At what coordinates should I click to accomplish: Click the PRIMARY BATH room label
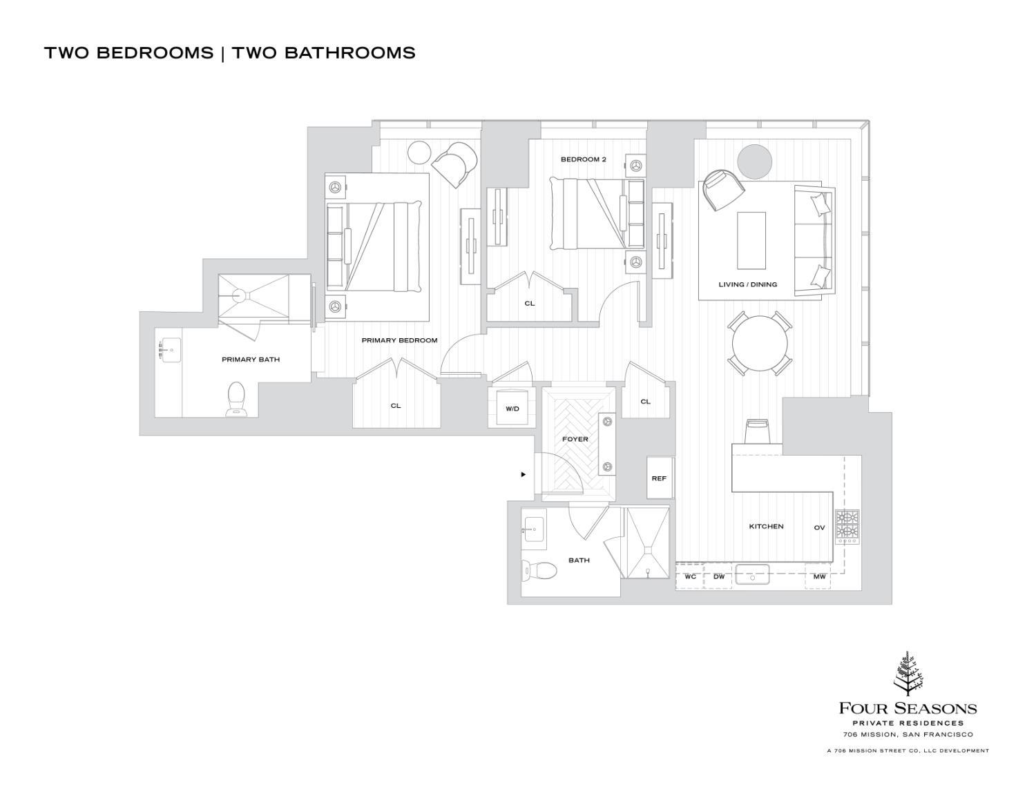coord(250,360)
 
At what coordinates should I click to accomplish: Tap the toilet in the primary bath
coord(236,399)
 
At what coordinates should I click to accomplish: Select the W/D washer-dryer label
coord(512,409)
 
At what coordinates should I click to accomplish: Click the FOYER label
coord(575,439)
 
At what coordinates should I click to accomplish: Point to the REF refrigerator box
coord(659,478)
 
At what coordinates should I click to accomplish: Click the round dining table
coord(759,344)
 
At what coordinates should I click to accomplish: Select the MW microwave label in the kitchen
coord(819,576)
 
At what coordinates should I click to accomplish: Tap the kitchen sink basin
coord(752,574)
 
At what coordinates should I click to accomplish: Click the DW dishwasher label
coord(718,576)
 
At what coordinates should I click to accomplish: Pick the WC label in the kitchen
coord(690,576)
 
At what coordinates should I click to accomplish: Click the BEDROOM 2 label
coord(583,159)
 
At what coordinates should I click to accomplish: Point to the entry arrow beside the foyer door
coord(524,474)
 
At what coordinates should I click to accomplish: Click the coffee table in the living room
coord(751,240)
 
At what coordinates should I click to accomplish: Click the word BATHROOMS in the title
coord(323,53)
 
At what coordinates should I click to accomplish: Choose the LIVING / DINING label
coord(747,284)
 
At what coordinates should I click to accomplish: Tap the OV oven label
coord(819,527)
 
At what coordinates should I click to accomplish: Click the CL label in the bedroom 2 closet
coord(529,303)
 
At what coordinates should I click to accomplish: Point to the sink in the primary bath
coord(170,350)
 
